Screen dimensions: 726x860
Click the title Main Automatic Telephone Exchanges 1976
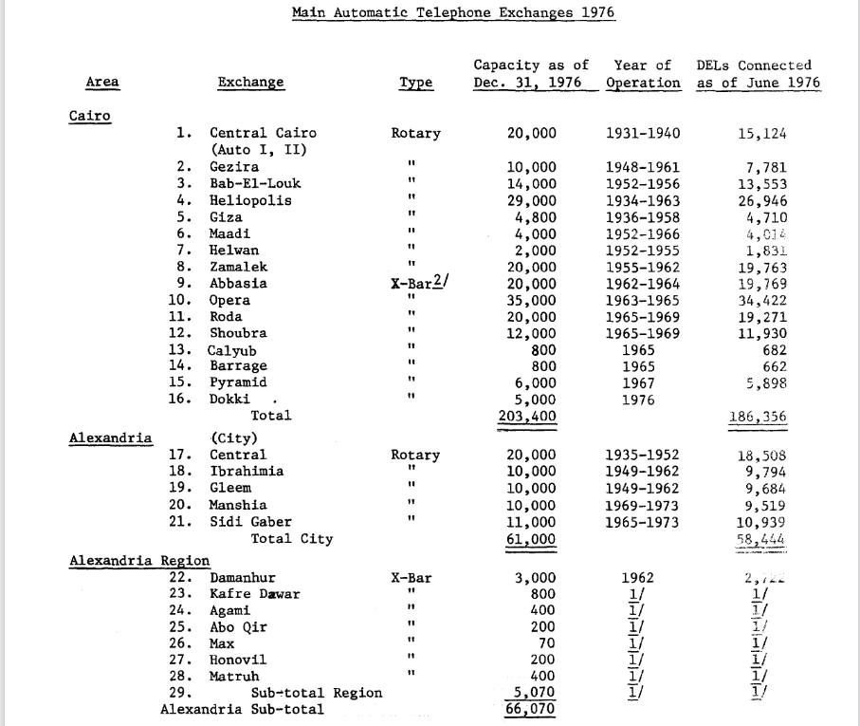coord(453,12)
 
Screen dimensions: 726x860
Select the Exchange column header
coord(251,83)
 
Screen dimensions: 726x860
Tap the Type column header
coord(415,83)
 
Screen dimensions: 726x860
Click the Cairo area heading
coord(90,116)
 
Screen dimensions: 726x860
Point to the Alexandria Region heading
coord(139,560)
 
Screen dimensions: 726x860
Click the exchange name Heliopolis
coord(250,200)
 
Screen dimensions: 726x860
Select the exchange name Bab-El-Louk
coord(255,183)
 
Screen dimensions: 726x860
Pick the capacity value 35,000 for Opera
coord(532,300)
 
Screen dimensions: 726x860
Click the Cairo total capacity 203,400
coord(528,416)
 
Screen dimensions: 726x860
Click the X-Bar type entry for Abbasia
coord(415,283)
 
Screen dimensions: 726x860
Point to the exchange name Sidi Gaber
coord(250,521)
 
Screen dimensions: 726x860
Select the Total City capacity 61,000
coord(532,539)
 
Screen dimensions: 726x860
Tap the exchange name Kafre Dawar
coord(254,594)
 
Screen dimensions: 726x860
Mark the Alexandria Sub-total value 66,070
coord(532,710)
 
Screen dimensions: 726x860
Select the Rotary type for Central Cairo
coord(415,133)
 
